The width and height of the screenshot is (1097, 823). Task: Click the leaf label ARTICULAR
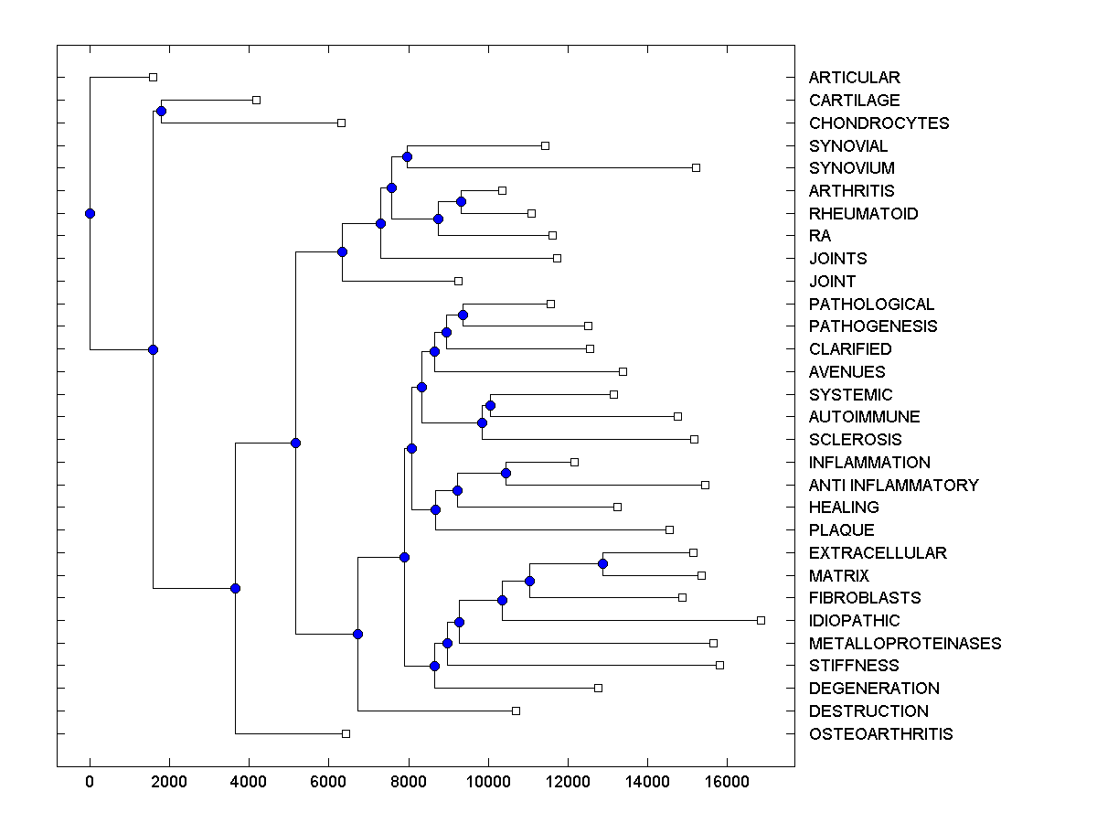pyautogui.click(x=854, y=78)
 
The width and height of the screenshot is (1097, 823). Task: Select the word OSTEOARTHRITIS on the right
pyautogui.click(x=880, y=734)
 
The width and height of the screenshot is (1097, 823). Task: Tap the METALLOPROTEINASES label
pyautogui.click(x=905, y=644)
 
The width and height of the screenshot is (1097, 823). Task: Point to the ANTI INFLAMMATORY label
pyautogui.click(x=893, y=486)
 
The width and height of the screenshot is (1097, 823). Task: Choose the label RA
pyautogui.click(x=820, y=236)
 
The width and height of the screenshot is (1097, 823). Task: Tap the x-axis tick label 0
pyautogui.click(x=90, y=782)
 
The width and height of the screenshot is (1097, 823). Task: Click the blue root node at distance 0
pyautogui.click(x=90, y=213)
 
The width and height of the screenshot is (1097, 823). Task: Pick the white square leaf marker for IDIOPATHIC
pyautogui.click(x=761, y=620)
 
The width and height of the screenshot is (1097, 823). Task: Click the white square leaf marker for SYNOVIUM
pyautogui.click(x=696, y=167)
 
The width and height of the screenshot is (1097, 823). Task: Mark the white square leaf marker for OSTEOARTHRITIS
pyautogui.click(x=346, y=733)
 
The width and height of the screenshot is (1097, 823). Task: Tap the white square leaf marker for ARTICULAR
pyautogui.click(x=153, y=77)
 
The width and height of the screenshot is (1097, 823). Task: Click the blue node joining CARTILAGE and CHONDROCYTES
pyautogui.click(x=161, y=111)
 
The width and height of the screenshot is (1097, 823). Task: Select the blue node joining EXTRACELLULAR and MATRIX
pyautogui.click(x=602, y=563)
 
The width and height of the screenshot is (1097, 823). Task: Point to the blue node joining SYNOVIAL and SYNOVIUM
pyautogui.click(x=407, y=156)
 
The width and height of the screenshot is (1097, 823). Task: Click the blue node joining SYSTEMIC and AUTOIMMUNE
pyautogui.click(x=490, y=405)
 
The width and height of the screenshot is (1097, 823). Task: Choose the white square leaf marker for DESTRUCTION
pyautogui.click(x=516, y=711)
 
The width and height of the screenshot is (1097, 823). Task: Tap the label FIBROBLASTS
pyautogui.click(x=864, y=598)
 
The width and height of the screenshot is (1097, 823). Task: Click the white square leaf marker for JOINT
pyautogui.click(x=458, y=281)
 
